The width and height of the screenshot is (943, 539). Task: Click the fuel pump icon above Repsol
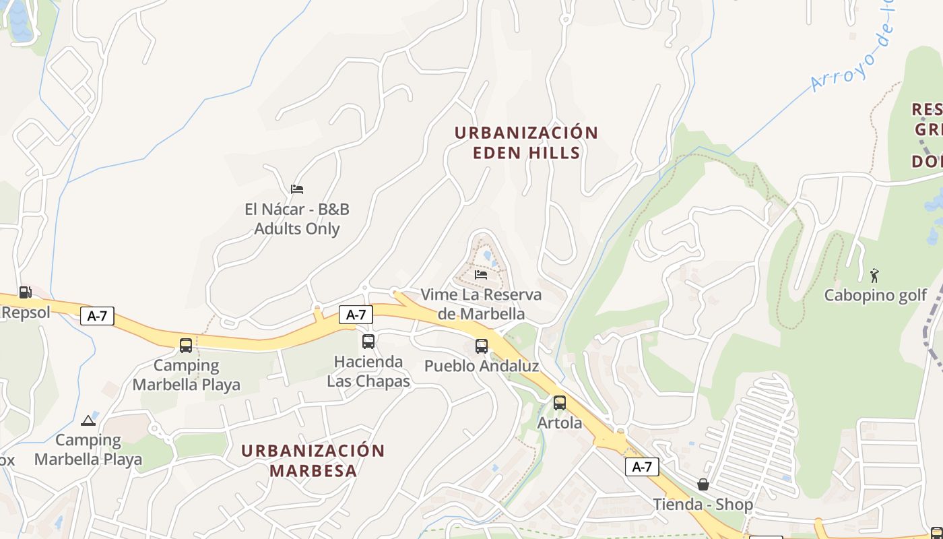point(25,292)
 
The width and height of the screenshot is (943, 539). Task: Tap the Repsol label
point(26,313)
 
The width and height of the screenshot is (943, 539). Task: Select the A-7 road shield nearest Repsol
point(97,316)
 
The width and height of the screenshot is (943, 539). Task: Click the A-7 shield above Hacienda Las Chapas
point(356,314)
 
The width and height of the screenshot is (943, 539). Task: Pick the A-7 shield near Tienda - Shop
point(641,467)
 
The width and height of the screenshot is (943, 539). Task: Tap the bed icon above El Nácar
point(297,189)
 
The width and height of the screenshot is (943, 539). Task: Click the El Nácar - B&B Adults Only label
point(297,219)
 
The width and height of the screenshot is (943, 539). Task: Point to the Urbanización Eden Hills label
point(526,142)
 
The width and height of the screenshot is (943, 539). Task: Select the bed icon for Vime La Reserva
point(481,275)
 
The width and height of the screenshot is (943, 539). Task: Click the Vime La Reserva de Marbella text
point(481,305)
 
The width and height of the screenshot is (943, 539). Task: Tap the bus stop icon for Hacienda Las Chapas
point(368,342)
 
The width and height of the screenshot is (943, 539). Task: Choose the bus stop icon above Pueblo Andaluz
point(482,346)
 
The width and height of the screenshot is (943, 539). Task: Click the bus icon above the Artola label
point(560,403)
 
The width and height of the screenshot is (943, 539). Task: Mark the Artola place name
point(560,423)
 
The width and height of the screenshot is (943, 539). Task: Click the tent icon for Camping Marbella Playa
point(88,421)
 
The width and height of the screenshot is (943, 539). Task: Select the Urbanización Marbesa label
point(313,460)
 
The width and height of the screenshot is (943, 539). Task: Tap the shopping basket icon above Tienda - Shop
point(703,484)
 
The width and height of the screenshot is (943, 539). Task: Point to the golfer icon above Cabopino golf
point(875,275)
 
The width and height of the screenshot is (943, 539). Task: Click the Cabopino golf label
point(876,295)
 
